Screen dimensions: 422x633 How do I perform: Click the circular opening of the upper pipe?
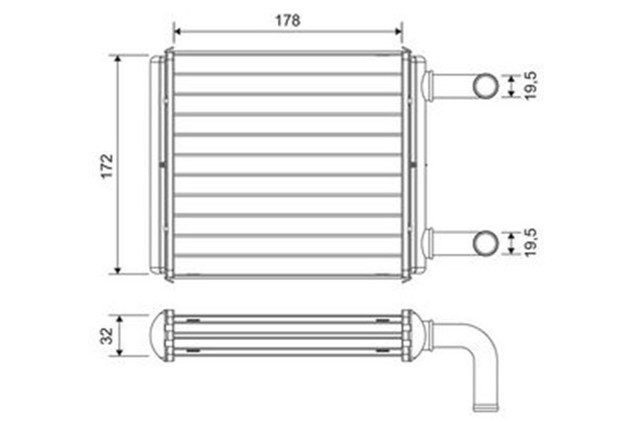click(487, 86)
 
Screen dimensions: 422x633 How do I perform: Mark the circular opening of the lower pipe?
click(487, 242)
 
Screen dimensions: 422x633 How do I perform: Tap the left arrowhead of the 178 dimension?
click(177, 30)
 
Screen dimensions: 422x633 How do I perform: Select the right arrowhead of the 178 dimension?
click(400, 30)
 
